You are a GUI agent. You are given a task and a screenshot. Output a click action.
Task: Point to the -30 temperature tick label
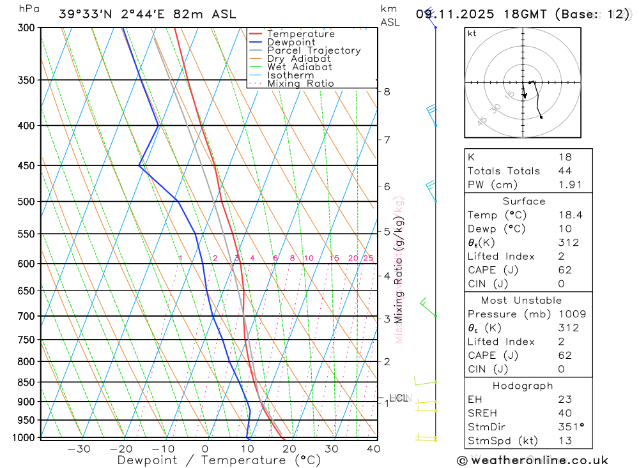tap(79, 449)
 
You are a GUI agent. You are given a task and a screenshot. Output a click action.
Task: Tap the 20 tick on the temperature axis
tap(289, 449)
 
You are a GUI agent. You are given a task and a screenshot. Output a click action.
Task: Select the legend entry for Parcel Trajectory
tap(314, 50)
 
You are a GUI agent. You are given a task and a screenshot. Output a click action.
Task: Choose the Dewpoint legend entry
tap(291, 42)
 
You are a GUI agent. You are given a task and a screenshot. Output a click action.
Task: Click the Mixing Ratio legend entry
tap(300, 84)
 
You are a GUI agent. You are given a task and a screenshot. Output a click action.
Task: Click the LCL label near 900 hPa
tap(398, 398)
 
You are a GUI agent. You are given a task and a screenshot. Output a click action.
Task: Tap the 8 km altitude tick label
tap(387, 91)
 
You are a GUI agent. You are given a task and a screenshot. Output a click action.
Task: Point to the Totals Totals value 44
tap(565, 170)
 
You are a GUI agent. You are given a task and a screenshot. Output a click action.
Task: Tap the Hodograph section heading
tap(523, 386)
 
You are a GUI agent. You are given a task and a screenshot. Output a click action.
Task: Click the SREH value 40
tap(565, 412)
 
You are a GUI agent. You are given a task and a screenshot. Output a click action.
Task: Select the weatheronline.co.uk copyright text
tap(532, 460)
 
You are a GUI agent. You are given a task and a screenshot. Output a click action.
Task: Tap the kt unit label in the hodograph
tap(472, 33)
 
